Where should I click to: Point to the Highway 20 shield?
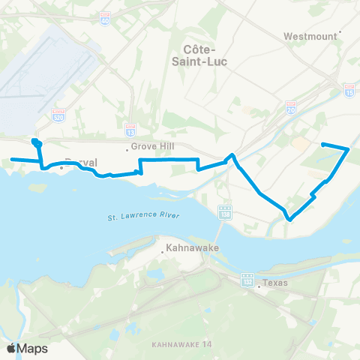(x=290, y=109)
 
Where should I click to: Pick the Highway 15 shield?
(x=349, y=89)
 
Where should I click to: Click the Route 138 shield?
(x=224, y=214)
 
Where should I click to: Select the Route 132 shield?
(x=247, y=280)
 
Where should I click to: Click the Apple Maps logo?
(x=26, y=348)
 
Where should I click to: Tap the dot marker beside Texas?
(x=256, y=285)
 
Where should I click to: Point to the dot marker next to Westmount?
(x=340, y=32)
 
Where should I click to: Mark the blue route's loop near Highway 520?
(x=35, y=142)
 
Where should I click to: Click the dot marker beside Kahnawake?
(x=164, y=252)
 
